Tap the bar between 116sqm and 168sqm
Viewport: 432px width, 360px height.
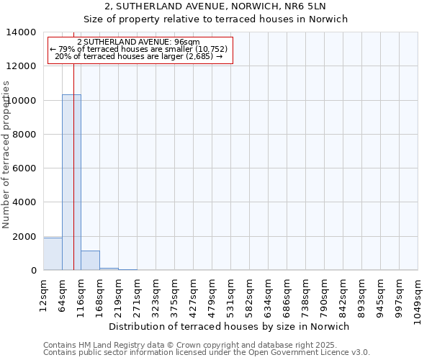point(90,261)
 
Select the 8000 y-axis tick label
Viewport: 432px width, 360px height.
point(25,135)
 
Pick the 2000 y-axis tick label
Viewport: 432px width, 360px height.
point(25,237)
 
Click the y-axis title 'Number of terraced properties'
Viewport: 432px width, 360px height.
point(6,154)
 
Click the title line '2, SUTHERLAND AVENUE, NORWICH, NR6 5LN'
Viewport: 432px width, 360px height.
point(215,6)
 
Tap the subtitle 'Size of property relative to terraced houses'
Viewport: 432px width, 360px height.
point(215,19)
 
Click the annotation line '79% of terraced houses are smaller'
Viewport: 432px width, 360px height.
point(139,49)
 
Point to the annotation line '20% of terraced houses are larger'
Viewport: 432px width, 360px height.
point(139,56)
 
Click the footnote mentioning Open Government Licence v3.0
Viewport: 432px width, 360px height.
point(207,353)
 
